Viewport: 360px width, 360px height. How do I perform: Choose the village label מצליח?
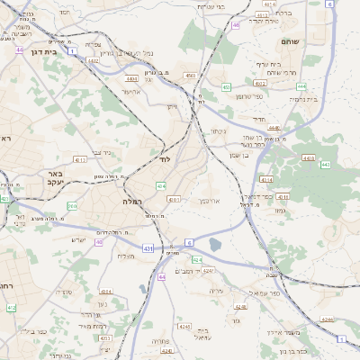(126, 257)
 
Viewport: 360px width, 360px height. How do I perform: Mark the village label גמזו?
(280, 210)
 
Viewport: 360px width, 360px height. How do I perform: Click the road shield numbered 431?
(147, 247)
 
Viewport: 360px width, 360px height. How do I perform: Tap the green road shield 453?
(227, 87)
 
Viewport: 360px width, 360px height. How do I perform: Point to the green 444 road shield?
(301, 86)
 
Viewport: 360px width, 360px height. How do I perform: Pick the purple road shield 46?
(236, 25)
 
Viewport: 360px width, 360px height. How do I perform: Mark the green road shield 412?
(12, 308)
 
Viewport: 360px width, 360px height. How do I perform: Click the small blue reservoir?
(215, 243)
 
